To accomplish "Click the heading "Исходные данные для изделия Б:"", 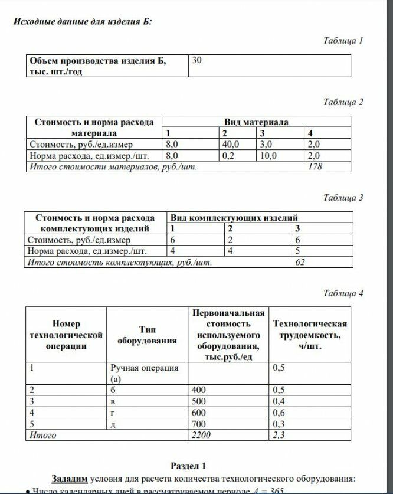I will tap(82, 22).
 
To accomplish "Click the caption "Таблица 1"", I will tap(343, 41).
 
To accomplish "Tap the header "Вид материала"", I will tap(257, 122).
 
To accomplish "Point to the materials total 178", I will tap(316, 167).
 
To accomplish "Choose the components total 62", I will tap(300, 262).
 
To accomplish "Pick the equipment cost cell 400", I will tap(199, 390).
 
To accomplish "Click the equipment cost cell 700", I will tap(199, 424).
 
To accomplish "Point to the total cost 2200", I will tap(202, 436).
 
